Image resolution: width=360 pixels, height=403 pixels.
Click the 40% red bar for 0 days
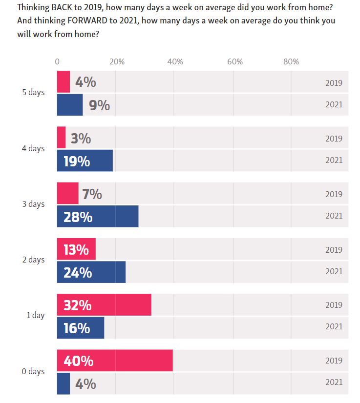(115, 361)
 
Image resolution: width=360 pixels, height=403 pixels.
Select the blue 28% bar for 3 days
(98, 217)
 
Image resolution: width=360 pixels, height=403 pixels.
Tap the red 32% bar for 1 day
(104, 305)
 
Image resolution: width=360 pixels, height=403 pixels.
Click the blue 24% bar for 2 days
(91, 272)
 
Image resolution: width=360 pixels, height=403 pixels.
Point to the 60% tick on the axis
(235, 62)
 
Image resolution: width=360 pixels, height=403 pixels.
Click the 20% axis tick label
(117, 62)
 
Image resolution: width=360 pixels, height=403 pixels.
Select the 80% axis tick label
(291, 62)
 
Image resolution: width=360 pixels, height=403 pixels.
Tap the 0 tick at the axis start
(57, 62)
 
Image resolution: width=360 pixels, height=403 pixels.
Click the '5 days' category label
(33, 93)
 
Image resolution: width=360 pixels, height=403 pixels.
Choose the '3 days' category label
(33, 204)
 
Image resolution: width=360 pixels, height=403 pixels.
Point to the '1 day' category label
(35, 315)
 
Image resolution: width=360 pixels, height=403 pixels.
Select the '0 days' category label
(33, 371)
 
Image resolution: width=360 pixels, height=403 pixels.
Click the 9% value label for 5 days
(99, 105)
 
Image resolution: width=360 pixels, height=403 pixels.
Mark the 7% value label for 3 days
(92, 194)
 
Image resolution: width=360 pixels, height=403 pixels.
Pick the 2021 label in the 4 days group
(334, 160)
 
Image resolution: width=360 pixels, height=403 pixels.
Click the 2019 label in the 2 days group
(334, 250)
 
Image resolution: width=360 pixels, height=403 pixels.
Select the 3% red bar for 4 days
(61, 138)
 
